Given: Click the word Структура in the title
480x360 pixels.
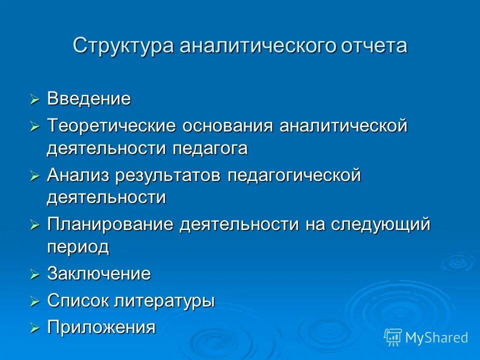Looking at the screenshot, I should pos(124,45).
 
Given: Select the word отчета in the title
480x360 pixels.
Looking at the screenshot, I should pos(374,45).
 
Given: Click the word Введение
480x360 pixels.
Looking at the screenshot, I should pos(89,98).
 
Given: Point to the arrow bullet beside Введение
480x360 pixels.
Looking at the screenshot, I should pos(34,99).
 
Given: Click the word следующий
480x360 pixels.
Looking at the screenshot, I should pos(380,224).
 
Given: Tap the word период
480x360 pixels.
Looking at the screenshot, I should pos(78,247).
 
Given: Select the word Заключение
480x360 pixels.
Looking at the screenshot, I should pos(99,273).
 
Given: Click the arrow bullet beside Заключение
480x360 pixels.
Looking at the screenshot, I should pos(34,274).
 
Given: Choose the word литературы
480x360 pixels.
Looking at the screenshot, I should pos(165,300).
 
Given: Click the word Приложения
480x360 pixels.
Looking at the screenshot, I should pos(101,327).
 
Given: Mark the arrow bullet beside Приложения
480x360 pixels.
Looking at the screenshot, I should pos(34,328).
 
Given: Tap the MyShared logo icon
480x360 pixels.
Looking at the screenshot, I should pos(393,337).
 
